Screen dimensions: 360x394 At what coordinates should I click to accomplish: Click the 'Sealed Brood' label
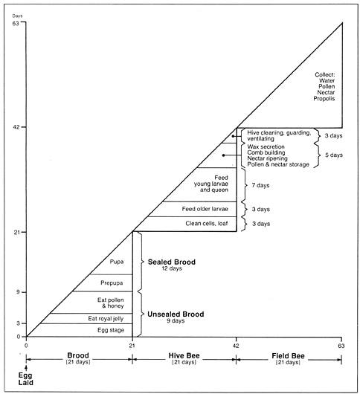[x=172, y=262]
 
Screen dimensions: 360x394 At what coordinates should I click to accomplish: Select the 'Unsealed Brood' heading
[x=176, y=314]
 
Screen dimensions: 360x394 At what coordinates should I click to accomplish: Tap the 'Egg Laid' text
[x=25, y=379]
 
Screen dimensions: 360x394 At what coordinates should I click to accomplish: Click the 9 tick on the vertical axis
[x=18, y=292]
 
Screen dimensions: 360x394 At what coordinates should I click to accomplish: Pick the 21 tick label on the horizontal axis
[x=132, y=346]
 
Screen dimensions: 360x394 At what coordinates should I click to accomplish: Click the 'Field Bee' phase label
[x=288, y=356]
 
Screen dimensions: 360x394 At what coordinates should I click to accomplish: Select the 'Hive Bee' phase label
[x=184, y=355]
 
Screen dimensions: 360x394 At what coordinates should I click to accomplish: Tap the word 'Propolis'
[x=324, y=98]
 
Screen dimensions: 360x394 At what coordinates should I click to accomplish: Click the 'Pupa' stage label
[x=117, y=262]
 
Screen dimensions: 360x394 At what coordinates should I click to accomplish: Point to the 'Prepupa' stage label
[x=112, y=283]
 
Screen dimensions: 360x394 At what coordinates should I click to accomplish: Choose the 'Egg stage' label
[x=111, y=330]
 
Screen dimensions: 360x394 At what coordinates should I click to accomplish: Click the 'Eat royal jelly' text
[x=106, y=319]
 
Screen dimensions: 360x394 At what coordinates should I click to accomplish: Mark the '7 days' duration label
[x=260, y=185]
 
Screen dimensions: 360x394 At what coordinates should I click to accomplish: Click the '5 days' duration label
[x=334, y=155]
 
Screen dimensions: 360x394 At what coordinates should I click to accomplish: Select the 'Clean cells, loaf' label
[x=207, y=223]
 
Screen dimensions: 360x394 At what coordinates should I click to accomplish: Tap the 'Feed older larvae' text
[x=205, y=209]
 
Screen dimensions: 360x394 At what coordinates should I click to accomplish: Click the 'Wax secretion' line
[x=266, y=146]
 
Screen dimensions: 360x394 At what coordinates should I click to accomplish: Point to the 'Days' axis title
[x=17, y=16]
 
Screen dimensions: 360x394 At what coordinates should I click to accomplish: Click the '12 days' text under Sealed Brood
[x=172, y=268]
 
